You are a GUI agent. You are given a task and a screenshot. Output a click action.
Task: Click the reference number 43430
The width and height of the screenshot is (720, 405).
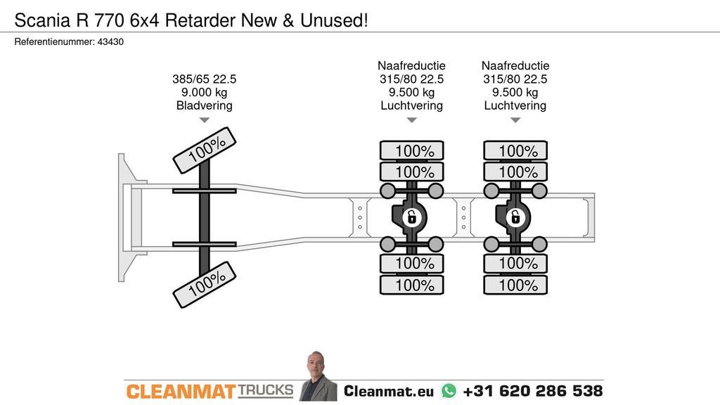click(x=110, y=41)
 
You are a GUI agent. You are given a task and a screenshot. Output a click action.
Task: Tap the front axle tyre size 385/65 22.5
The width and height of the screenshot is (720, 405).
click(x=205, y=79)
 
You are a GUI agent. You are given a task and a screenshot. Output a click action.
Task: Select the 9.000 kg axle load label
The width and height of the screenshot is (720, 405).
click(x=205, y=92)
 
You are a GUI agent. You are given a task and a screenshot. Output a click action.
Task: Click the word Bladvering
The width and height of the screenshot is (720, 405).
click(x=205, y=105)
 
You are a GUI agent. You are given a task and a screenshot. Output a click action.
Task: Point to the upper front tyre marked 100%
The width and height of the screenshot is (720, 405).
click(x=205, y=150)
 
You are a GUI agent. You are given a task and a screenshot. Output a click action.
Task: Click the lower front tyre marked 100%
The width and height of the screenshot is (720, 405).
click(x=205, y=285)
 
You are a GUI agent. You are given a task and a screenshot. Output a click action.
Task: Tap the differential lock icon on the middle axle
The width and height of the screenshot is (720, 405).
click(x=412, y=217)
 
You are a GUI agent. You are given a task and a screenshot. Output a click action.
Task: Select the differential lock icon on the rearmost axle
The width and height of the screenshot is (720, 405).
click(x=515, y=217)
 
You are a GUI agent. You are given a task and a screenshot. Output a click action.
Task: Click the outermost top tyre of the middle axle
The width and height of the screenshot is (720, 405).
click(x=412, y=150)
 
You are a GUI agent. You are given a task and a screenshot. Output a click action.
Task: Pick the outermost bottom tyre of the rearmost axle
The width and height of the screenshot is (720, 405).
click(x=515, y=285)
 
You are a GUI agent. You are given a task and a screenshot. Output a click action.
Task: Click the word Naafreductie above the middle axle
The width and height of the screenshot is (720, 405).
click(x=412, y=65)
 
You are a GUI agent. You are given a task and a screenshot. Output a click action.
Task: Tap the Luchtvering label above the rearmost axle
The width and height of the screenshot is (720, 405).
click(x=515, y=105)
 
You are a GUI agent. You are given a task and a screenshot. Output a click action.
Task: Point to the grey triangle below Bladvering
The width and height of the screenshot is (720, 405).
click(x=205, y=120)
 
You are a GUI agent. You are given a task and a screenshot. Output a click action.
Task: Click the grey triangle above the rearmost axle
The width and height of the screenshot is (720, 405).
click(x=515, y=120)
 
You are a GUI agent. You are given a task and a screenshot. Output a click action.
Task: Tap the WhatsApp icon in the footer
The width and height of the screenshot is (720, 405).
click(x=449, y=391)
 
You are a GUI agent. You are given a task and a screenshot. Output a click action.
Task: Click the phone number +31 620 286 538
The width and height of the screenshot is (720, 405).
click(x=533, y=391)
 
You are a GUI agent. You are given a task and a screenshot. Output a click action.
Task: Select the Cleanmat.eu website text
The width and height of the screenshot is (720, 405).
click(x=389, y=391)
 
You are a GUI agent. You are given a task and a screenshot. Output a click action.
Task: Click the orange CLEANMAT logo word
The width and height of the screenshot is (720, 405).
click(x=181, y=392)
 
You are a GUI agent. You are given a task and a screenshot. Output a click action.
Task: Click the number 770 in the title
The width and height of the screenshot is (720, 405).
click(x=109, y=20)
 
